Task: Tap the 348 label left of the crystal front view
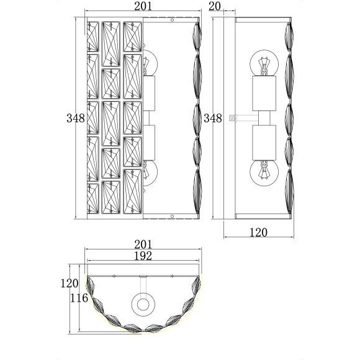coord(75,118)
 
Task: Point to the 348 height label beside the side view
coord(213,118)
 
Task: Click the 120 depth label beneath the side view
coord(259,233)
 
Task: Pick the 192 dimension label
coord(144,256)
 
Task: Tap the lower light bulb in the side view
coord(263,171)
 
